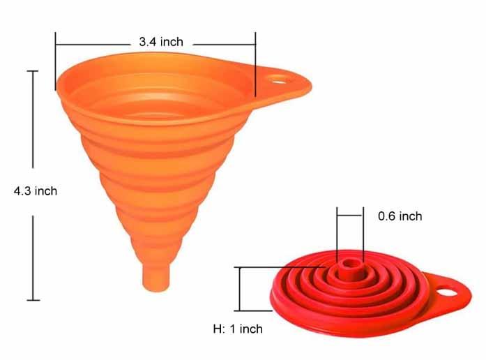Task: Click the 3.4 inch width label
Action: click(160, 42)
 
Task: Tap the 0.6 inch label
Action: click(400, 216)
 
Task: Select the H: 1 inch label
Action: click(238, 328)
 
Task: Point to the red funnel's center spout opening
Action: click(348, 265)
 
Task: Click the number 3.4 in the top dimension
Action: click(146, 42)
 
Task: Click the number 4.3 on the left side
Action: click(22, 190)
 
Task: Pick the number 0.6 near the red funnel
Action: click(386, 216)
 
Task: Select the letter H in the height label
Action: click(216, 328)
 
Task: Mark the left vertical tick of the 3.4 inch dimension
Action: click(56, 61)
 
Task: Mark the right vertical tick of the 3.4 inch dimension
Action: click(255, 61)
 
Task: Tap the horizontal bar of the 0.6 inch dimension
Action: click(349, 216)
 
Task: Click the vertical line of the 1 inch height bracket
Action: click(240, 288)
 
